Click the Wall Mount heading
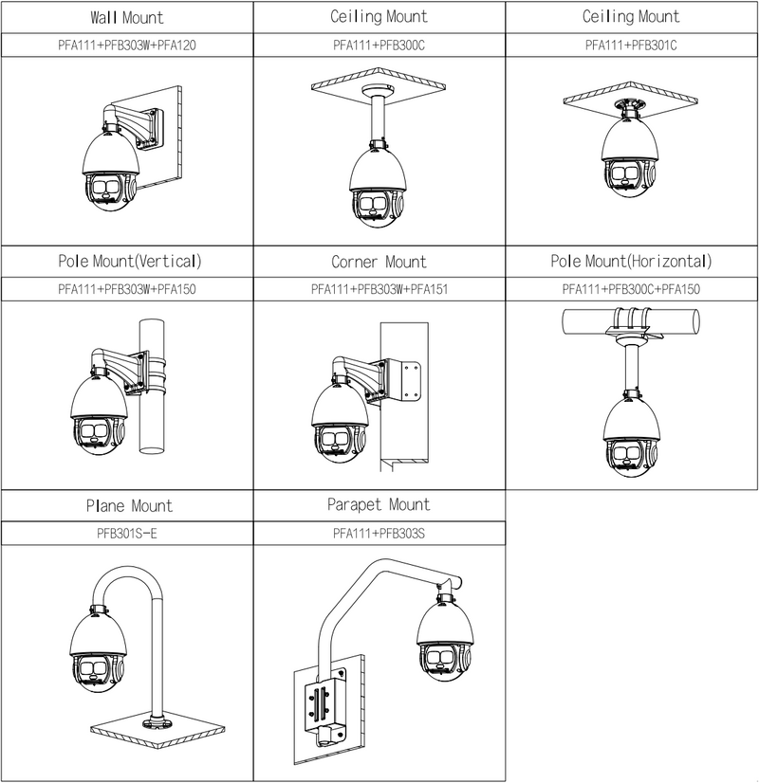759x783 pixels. pos(127,17)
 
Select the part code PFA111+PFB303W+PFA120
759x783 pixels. pos(127,45)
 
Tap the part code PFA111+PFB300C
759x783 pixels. pos(379,45)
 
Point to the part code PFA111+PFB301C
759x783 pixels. pos(631,45)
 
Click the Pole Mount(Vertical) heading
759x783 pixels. pos(129,262)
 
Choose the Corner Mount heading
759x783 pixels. pos(379,262)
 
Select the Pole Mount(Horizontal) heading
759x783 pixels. pos(631,262)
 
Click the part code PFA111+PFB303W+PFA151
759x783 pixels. pos(379,289)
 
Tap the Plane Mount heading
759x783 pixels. pos(129,506)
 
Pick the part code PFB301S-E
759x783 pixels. pos(127,534)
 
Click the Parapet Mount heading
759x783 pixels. pos(379,505)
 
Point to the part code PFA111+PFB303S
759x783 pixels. pos(379,534)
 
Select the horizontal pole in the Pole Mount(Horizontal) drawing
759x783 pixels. pos(631,321)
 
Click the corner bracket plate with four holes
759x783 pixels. pos(410,380)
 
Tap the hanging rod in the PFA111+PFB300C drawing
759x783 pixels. pos(379,118)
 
